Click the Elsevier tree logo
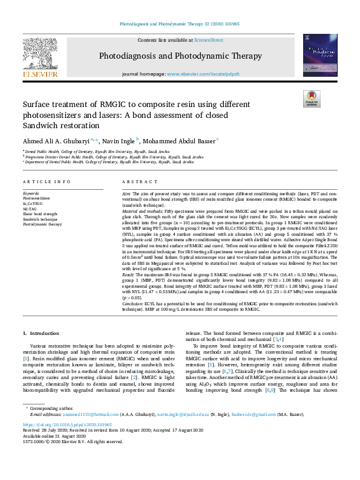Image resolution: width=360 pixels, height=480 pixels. pos(40,57)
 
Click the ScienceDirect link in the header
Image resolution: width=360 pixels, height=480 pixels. pos(208,39)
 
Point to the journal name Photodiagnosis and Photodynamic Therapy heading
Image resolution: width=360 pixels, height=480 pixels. pos(180,56)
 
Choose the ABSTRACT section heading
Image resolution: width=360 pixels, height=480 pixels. pos(136,181)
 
